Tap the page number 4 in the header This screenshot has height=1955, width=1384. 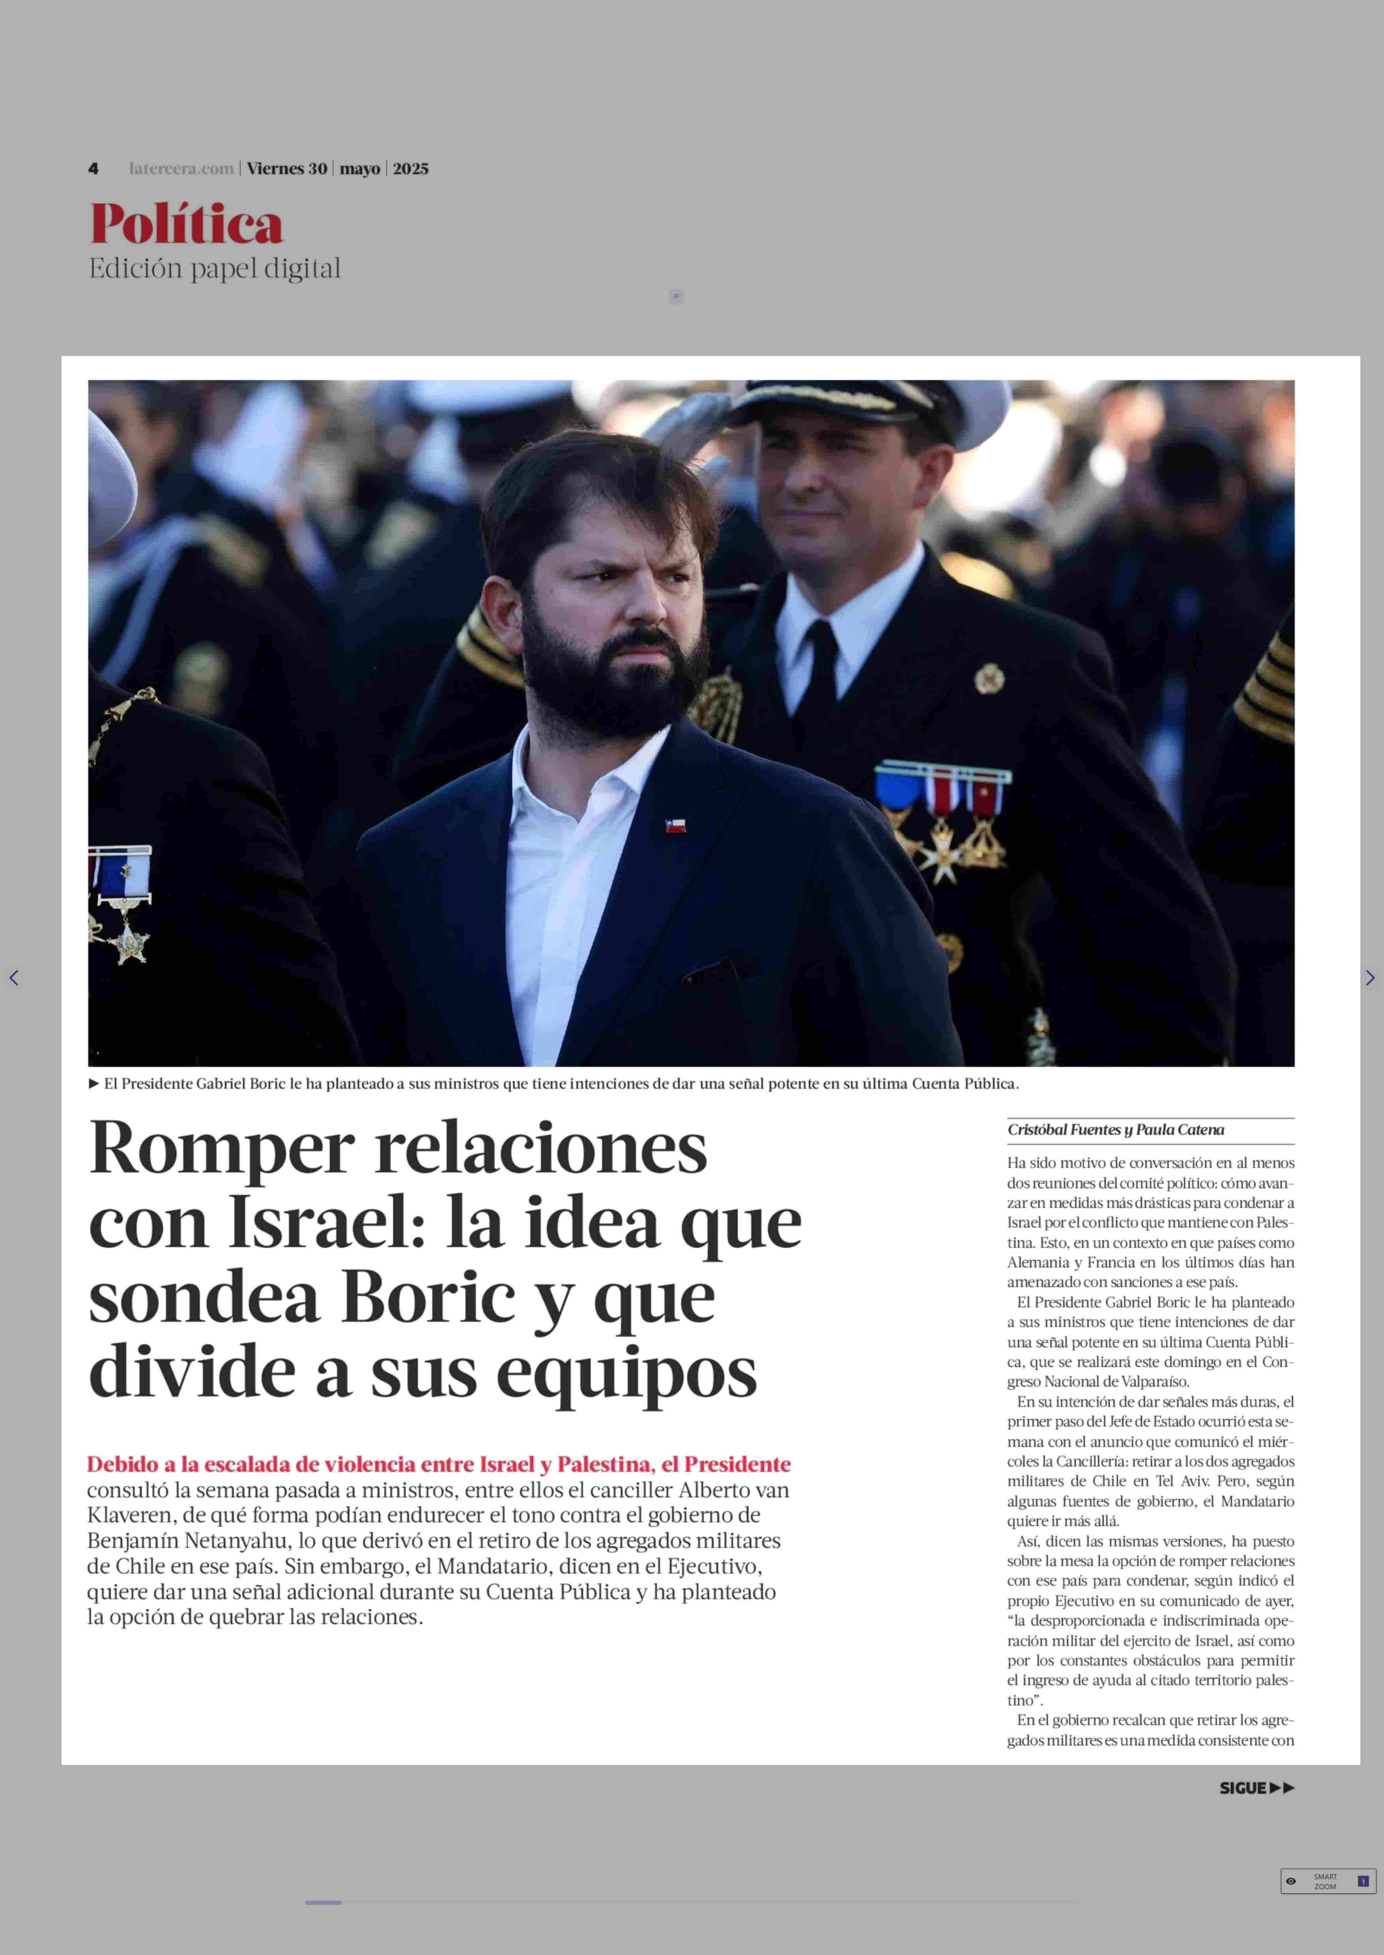(93, 169)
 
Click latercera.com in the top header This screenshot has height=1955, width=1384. (181, 169)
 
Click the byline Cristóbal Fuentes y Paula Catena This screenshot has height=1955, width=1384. (1116, 1130)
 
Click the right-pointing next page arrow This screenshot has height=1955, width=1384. (1369, 978)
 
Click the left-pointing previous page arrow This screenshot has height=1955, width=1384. (14, 978)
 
